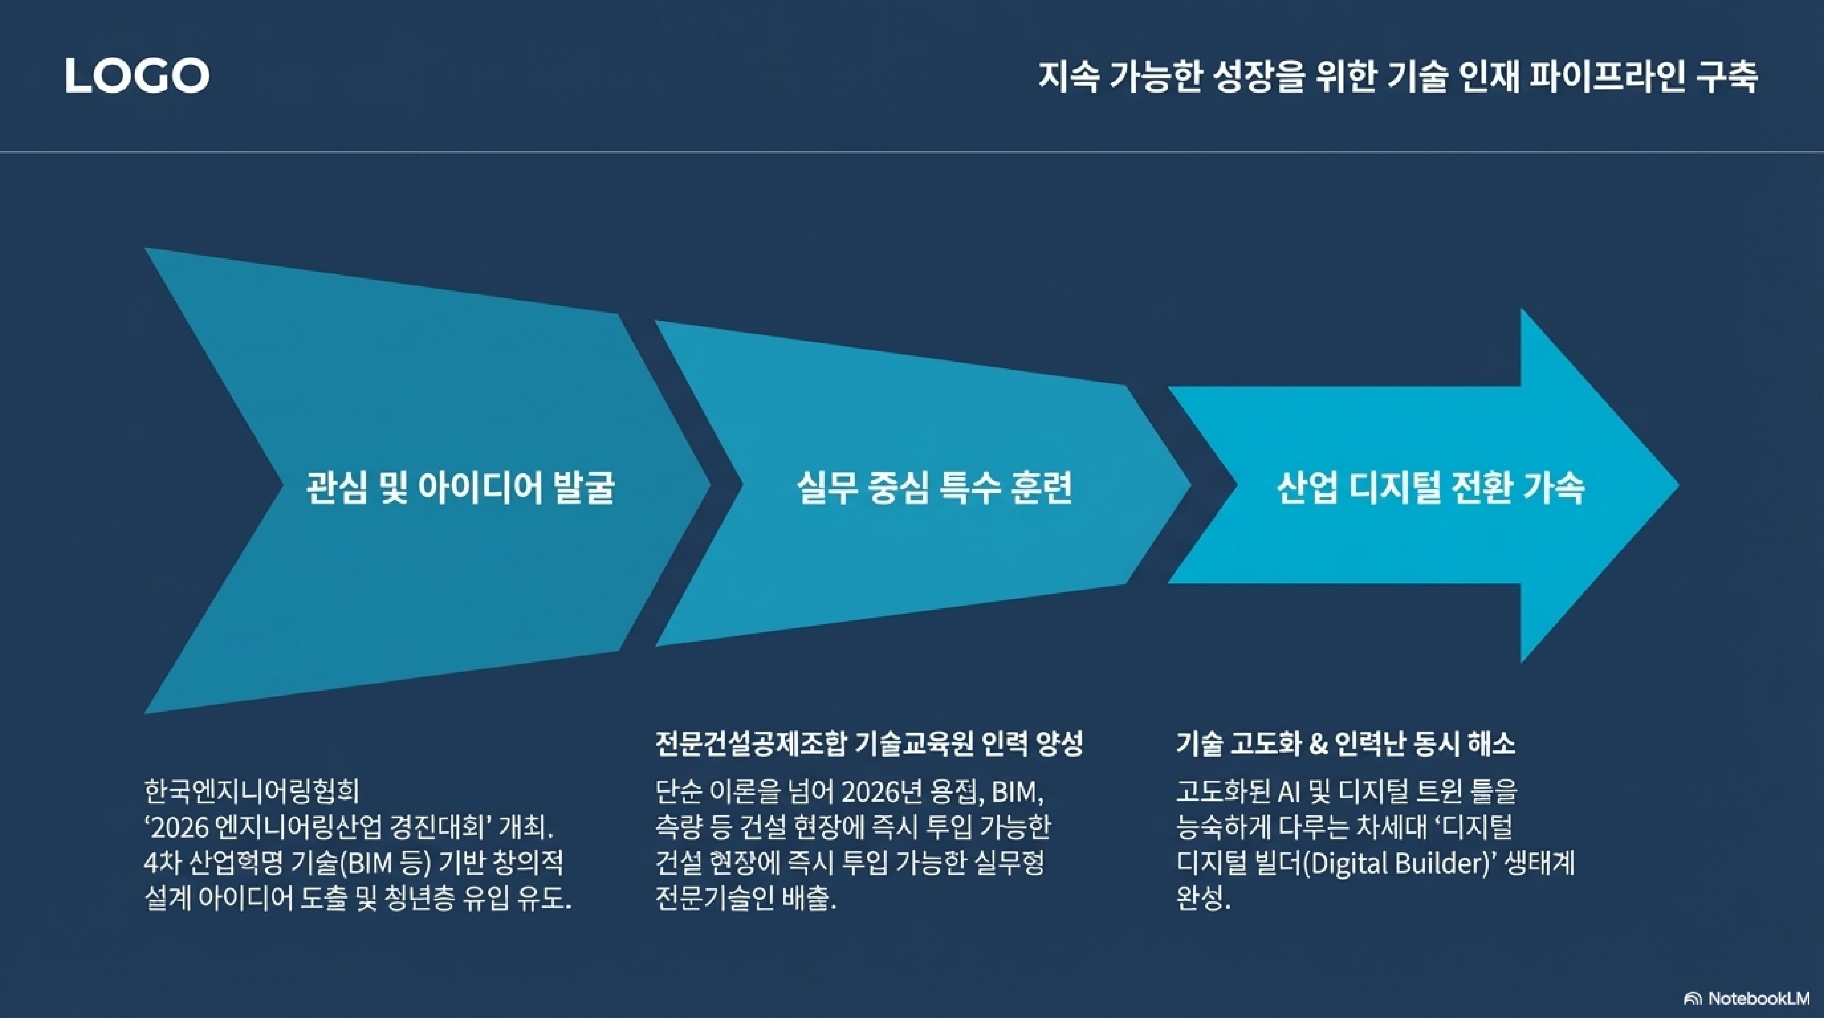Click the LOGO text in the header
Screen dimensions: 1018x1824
137,76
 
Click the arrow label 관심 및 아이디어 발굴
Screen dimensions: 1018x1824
460,487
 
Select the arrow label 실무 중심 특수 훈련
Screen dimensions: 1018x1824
935,487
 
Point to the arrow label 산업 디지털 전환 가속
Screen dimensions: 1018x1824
1430,487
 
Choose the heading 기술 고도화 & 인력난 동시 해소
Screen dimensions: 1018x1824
1345,743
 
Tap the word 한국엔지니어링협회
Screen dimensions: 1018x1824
251,791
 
